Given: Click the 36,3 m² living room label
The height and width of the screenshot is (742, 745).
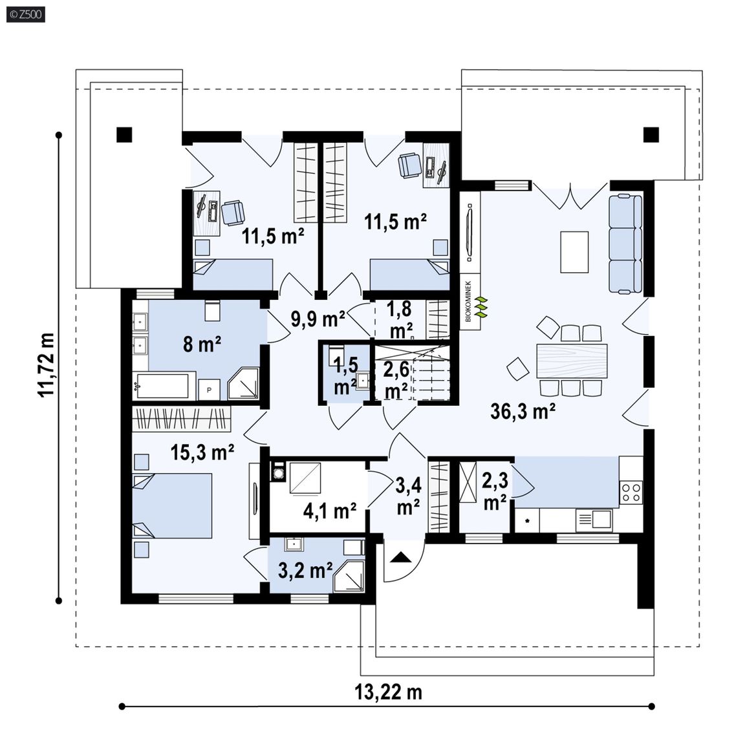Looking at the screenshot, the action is pyautogui.click(x=523, y=411).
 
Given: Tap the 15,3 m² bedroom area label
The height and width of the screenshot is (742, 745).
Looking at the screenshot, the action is pyautogui.click(x=202, y=452).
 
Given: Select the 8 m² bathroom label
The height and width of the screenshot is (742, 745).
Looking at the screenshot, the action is pyautogui.click(x=202, y=344).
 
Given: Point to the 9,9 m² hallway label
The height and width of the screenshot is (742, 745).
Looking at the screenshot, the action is pyautogui.click(x=318, y=319).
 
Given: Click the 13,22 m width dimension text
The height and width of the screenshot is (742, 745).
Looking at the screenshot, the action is pyautogui.click(x=388, y=692).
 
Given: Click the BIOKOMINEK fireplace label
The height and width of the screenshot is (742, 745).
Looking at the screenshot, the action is pyautogui.click(x=468, y=302).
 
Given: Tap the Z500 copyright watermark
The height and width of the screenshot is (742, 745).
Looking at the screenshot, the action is pyautogui.click(x=26, y=14).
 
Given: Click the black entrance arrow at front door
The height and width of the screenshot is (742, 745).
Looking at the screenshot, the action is pyautogui.click(x=400, y=557).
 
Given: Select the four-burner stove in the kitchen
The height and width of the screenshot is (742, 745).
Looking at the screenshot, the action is pyautogui.click(x=631, y=492).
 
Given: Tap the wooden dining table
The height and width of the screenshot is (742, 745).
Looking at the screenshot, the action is pyautogui.click(x=572, y=361).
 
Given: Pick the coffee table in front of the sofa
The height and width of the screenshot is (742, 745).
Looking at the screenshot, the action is pyautogui.click(x=574, y=251).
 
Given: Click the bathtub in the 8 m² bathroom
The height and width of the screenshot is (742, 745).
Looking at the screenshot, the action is pyautogui.click(x=163, y=385).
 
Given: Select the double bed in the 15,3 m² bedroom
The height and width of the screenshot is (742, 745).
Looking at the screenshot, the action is pyautogui.click(x=172, y=505).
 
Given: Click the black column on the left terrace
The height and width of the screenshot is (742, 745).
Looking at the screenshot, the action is pyautogui.click(x=124, y=135).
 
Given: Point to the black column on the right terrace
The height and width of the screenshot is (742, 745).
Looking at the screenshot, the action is pyautogui.click(x=651, y=135).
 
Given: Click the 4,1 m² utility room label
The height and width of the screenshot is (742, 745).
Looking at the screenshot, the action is pyautogui.click(x=330, y=511).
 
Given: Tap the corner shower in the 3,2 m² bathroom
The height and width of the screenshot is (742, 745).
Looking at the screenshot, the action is pyautogui.click(x=349, y=577).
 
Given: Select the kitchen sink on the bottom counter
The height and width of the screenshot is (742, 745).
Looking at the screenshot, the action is pyautogui.click(x=594, y=520).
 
